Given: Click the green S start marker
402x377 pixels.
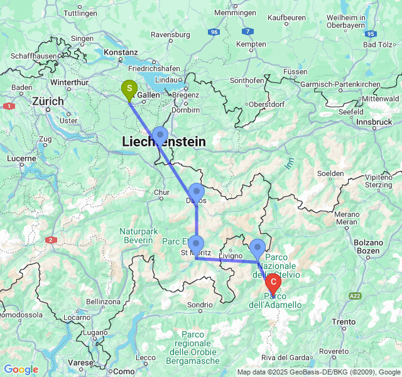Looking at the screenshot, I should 129,89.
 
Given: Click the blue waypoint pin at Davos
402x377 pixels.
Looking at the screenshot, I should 197,192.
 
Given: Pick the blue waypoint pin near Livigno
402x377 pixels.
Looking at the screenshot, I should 258,248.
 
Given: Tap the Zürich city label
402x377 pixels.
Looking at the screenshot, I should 48,101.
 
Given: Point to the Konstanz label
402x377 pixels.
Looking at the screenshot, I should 121,53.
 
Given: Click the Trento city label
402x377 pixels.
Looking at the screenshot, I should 344,322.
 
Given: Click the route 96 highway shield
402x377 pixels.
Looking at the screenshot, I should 215,31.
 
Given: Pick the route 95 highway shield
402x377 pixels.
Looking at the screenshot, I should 371,33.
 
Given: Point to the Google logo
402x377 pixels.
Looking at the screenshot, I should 21,369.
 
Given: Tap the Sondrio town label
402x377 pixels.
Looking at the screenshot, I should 200,305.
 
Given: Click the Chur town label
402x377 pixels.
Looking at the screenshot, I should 161,192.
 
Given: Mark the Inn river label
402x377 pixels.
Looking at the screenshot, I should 289,162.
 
